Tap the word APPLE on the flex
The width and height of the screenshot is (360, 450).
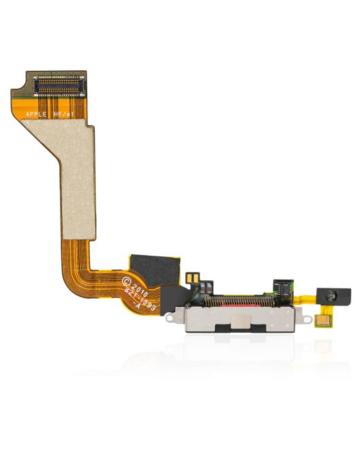[36, 115]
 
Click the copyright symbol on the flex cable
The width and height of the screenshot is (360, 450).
[125, 280]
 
